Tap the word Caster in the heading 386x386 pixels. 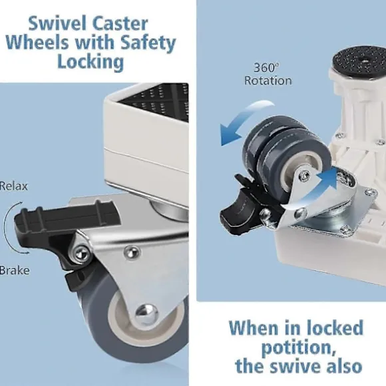pos(120,24)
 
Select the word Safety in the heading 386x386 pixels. pos(148,43)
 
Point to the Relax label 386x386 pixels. pos(14,186)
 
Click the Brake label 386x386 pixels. pos(15,270)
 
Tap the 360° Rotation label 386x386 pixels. pos(268,74)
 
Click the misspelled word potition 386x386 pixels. pos(298,347)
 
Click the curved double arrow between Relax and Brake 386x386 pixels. pos(9,228)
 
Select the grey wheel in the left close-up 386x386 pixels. pos(133,317)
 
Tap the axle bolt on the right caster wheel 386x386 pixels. pos(305,175)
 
